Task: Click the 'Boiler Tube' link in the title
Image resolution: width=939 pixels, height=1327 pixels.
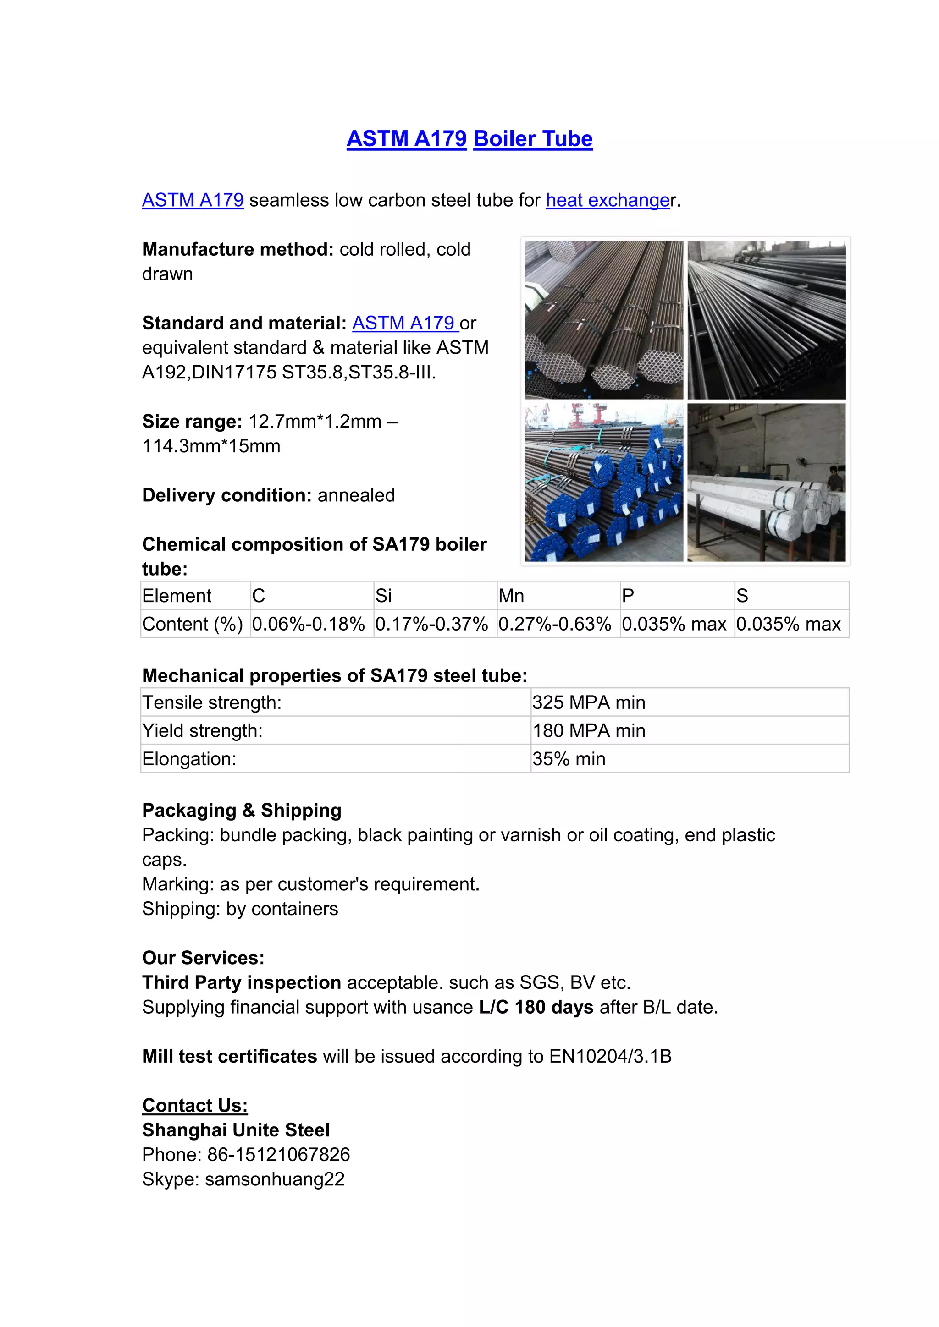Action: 532,139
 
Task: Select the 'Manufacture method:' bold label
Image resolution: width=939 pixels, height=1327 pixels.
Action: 238,249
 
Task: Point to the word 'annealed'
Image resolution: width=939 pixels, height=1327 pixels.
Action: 356,495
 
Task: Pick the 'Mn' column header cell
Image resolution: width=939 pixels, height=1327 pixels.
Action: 511,596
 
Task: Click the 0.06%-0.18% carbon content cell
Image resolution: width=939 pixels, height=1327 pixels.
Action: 308,624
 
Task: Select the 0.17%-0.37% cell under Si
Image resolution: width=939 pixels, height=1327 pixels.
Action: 431,624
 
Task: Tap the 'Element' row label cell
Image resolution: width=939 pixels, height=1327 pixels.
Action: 177,596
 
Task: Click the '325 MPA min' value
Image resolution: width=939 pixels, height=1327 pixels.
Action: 588,702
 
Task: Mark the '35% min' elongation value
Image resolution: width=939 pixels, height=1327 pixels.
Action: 569,759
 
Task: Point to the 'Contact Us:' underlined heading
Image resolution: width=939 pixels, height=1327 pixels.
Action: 195,1105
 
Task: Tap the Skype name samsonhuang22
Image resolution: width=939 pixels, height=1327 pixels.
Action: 275,1179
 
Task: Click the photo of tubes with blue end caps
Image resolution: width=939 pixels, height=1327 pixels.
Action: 604,483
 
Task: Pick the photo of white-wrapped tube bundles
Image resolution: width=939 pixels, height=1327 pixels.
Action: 766,483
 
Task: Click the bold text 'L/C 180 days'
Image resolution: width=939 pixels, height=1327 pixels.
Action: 536,1007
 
